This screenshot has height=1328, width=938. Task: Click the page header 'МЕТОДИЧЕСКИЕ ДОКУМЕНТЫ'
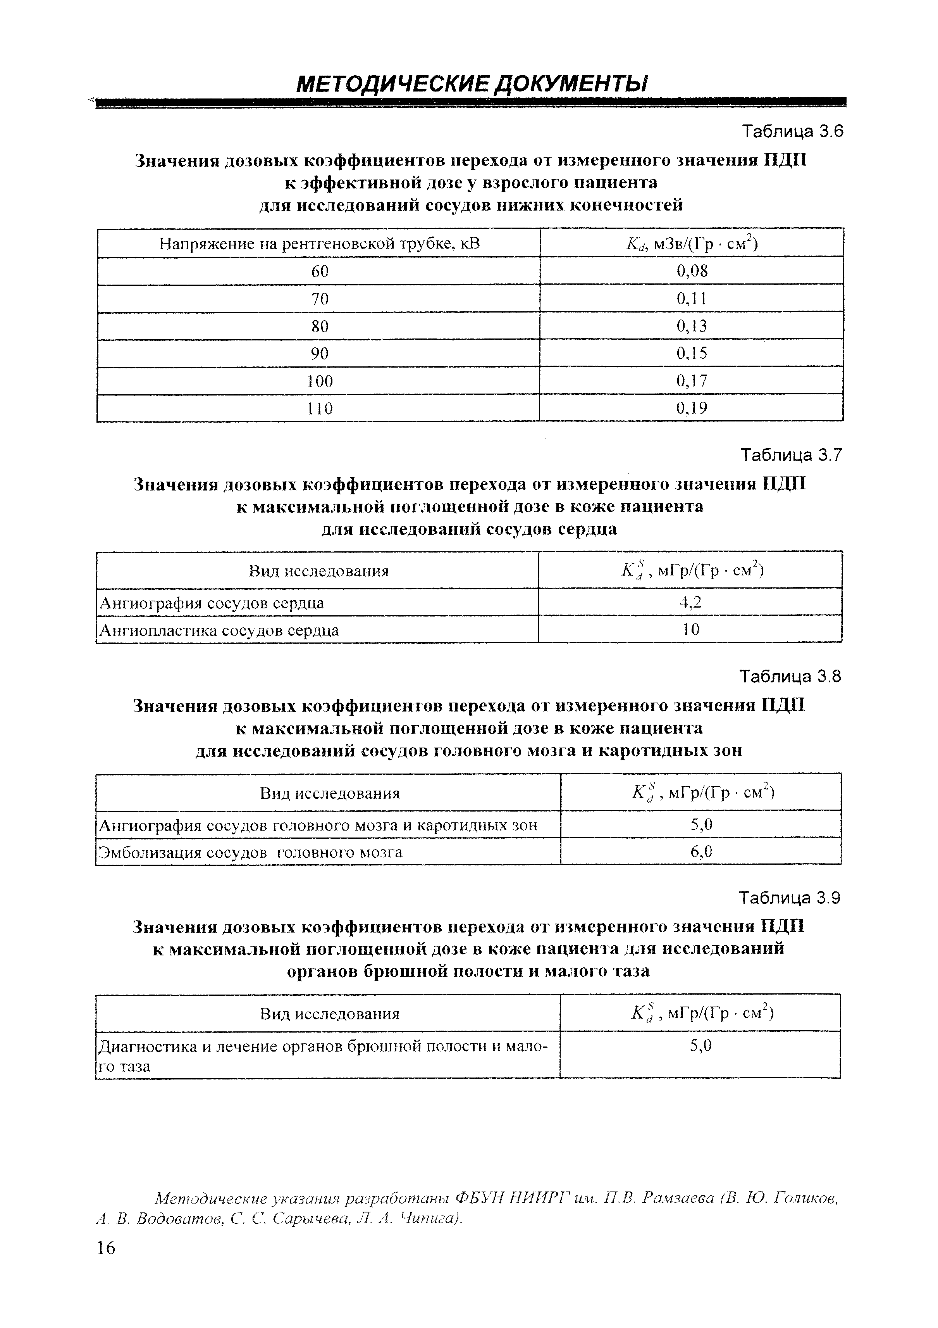pos(471,85)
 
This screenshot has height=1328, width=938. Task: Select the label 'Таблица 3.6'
pos(792,132)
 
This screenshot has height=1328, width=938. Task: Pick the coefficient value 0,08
pos(692,271)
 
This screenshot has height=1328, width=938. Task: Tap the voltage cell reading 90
pos(320,353)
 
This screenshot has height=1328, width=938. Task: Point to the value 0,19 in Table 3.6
pos(692,408)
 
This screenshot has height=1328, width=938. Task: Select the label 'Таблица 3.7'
pos(792,456)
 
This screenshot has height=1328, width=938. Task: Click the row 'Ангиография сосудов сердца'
pos(212,603)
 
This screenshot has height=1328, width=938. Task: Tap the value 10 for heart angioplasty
pos(691,629)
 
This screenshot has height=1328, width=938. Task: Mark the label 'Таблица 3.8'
pos(791,676)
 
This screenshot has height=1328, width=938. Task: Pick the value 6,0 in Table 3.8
pos(701,851)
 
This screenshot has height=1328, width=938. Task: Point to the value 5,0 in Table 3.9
pos(700,1046)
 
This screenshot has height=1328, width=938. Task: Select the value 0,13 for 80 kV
pos(692,326)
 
